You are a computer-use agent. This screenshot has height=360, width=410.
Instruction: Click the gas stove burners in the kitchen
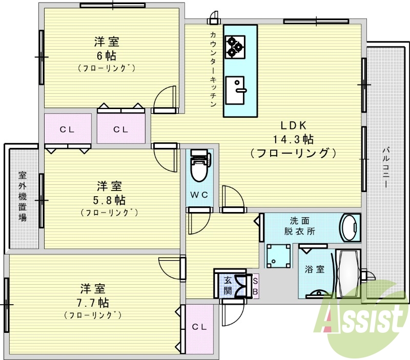pyautogui.click(x=235, y=44)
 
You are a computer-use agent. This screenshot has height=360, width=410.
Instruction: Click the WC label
pyautogui.click(x=199, y=195)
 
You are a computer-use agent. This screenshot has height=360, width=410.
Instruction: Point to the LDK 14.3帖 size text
pyautogui.click(x=293, y=139)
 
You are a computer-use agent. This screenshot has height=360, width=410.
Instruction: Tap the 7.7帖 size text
pyautogui.click(x=93, y=302)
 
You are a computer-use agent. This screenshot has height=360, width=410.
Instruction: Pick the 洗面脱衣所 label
pyautogui.click(x=299, y=226)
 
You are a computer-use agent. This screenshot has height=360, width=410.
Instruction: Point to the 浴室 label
pyautogui.click(x=315, y=269)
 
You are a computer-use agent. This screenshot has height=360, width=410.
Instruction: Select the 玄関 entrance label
pyautogui.click(x=228, y=286)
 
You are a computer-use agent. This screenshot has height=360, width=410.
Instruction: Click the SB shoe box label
pyautogui.click(x=256, y=286)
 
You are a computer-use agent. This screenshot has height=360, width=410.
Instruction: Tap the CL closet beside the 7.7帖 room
pyautogui.click(x=199, y=327)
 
